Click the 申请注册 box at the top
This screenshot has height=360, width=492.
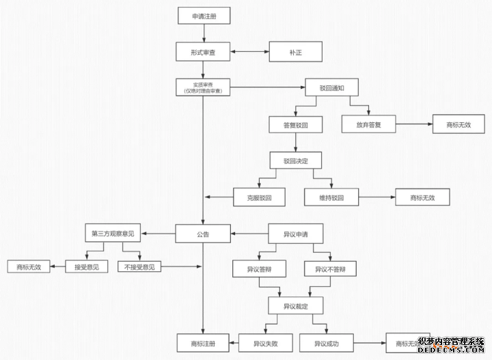pyautogui.click(x=202, y=16)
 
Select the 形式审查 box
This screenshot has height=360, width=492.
pyautogui.click(x=202, y=51)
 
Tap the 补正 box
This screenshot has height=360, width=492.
pyautogui.click(x=295, y=51)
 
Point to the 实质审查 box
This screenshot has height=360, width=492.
pyautogui.click(x=202, y=87)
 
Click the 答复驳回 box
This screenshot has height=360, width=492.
pyautogui.click(x=295, y=125)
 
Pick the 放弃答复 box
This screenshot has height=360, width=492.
pyautogui.click(x=369, y=125)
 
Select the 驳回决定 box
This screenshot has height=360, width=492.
pyautogui.click(x=295, y=161)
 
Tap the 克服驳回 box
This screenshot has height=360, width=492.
pyautogui.click(x=260, y=197)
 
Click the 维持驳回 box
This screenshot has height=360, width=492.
pyautogui.click(x=332, y=197)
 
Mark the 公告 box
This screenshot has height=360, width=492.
pyautogui.click(x=202, y=234)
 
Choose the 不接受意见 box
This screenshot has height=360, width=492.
pyautogui.click(x=140, y=266)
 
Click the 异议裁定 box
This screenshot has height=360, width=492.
pyautogui.click(x=295, y=305)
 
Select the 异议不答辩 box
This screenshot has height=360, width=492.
pyautogui.click(x=331, y=269)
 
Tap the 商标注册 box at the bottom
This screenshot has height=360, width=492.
pyautogui.click(x=202, y=342)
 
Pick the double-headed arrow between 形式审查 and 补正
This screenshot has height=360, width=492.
pyautogui.click(x=249, y=51)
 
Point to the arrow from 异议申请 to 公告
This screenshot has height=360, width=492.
pyautogui.click(x=249, y=234)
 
